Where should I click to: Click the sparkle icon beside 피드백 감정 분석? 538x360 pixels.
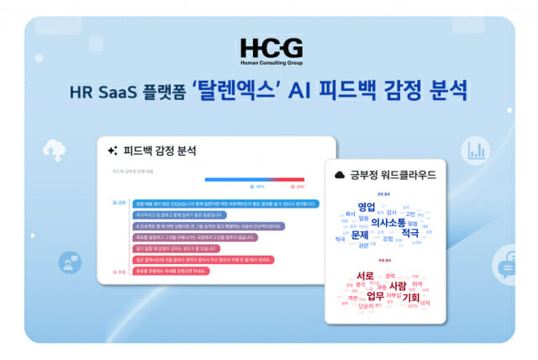[x=112, y=151]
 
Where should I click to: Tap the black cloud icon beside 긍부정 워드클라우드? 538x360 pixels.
[x=340, y=175]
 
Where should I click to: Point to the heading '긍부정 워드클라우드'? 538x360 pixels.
[x=386, y=175]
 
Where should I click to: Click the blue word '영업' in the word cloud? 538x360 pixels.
[x=367, y=207]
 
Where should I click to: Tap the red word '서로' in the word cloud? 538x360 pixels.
[x=365, y=276]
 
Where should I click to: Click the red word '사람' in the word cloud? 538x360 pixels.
[x=397, y=286]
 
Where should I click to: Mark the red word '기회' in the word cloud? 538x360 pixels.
[x=412, y=297]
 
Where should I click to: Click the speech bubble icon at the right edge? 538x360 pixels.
[x=507, y=269]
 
